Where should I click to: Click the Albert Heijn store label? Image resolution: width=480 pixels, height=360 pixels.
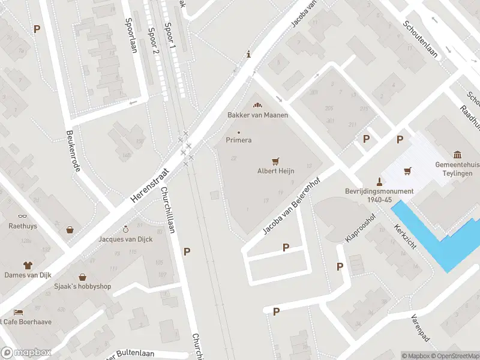tap(275, 171)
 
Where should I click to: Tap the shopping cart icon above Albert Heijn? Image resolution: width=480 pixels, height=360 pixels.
tap(275, 161)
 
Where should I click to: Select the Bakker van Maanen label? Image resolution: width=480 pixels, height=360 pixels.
tap(257, 115)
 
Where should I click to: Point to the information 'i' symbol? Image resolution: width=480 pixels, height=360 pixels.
tap(248, 55)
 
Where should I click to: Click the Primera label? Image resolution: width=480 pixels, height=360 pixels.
tap(238, 140)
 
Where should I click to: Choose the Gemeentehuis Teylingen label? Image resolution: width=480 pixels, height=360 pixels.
tap(457, 169)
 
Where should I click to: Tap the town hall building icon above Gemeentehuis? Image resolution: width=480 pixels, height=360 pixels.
tap(458, 155)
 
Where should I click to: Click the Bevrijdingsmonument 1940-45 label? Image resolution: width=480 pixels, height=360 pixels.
tap(379, 196)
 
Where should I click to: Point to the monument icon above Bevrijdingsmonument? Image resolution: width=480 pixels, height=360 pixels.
tap(379, 181)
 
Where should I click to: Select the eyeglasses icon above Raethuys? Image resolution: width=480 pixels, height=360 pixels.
tap(23, 216)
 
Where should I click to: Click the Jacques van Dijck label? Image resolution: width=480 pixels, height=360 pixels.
tap(125, 239)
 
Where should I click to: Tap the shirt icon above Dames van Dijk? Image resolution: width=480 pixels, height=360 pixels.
tap(28, 264)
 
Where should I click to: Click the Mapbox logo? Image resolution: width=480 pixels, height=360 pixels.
tap(26, 353)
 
